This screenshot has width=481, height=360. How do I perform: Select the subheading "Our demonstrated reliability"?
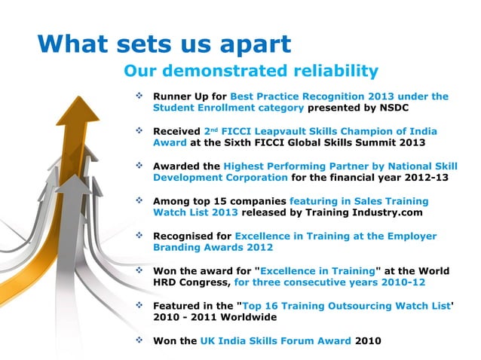pos(250,72)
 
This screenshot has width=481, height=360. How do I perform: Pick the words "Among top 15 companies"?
pos(219,201)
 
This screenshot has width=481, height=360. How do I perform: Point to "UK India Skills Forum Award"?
pos(275,340)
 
